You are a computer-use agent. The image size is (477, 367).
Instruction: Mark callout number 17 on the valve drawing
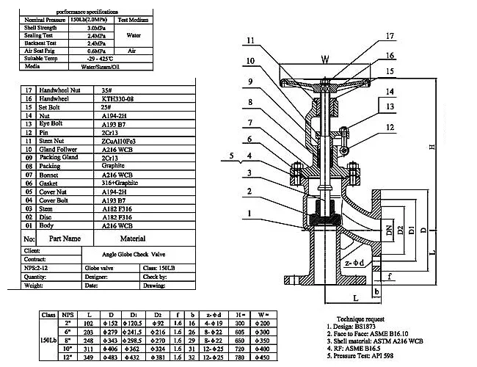click(390, 36)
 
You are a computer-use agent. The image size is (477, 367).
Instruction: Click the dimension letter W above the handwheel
click(324, 60)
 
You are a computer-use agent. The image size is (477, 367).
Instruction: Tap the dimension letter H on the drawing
click(435, 148)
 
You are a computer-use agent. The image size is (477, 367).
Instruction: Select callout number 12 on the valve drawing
click(390, 127)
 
